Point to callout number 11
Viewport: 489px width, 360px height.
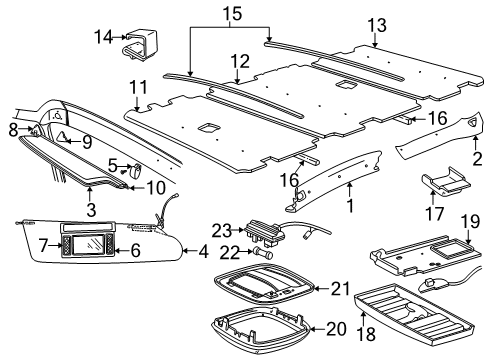[138, 87]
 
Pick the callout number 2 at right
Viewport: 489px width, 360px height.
[477, 158]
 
